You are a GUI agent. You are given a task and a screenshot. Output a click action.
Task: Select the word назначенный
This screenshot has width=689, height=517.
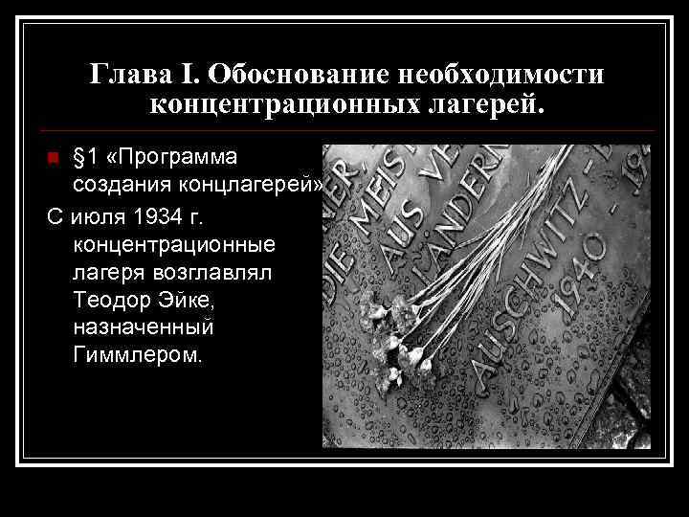point(143,327)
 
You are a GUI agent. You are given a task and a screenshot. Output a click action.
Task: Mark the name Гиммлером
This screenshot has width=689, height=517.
point(136,355)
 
